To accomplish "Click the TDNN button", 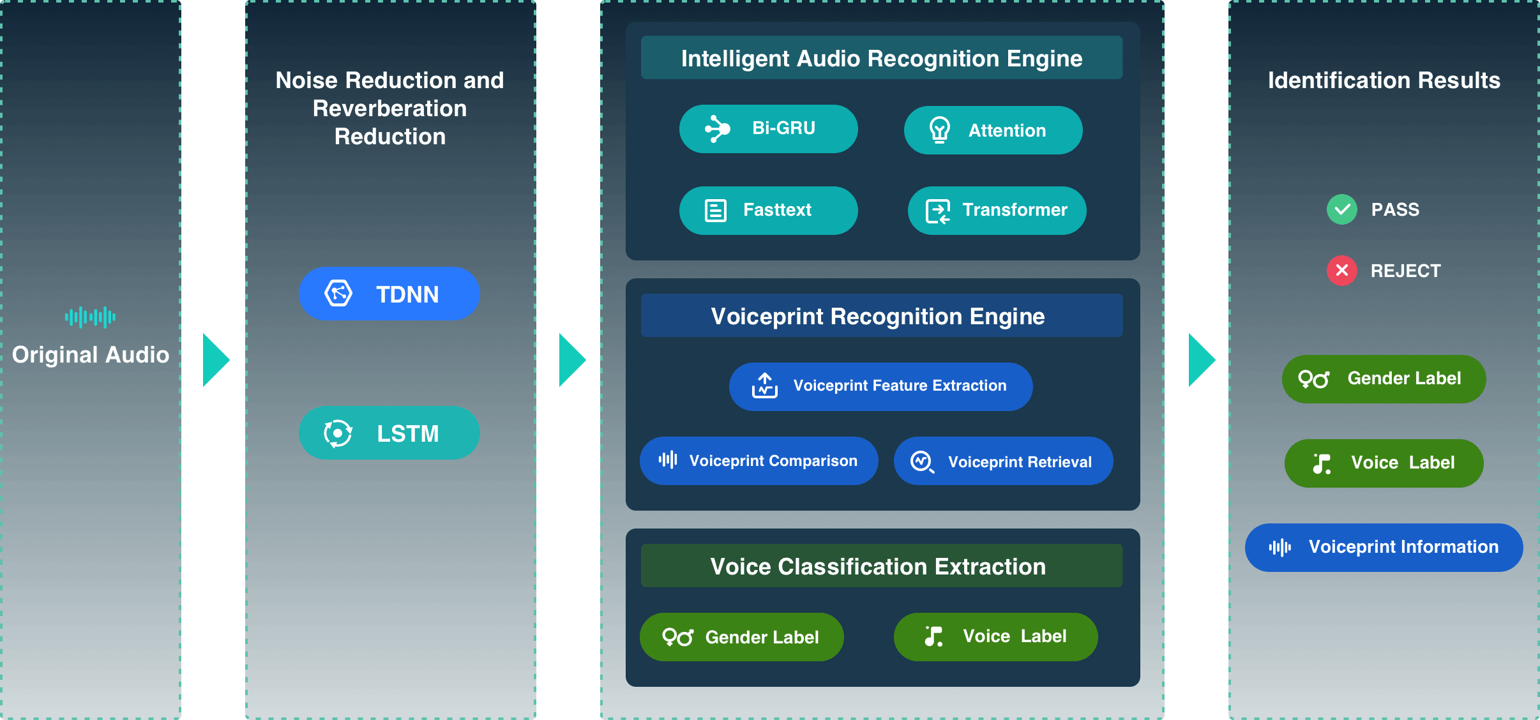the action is (389, 294).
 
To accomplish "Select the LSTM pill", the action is (389, 433).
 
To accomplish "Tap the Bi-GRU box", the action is (768, 129).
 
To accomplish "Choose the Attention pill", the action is (993, 130).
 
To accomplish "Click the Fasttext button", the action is (768, 211).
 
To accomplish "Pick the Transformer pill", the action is (997, 211).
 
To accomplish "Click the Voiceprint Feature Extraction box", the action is (880, 387).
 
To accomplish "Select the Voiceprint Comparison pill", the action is (759, 461).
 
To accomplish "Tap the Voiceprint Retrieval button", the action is (1003, 461).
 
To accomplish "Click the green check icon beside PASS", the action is (1342, 209).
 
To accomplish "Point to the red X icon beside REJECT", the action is (1342, 271).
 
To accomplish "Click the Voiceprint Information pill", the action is (1384, 548).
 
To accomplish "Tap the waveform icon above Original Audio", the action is (90, 317).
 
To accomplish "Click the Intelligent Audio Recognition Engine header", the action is (882, 57).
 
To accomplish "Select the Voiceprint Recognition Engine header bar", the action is (882, 315).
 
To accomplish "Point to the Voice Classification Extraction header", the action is (882, 566).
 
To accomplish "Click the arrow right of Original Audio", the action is (216, 360).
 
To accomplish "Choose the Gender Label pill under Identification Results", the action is (1384, 379).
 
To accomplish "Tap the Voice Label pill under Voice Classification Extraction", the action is (995, 637).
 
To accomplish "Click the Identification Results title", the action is (1384, 80).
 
